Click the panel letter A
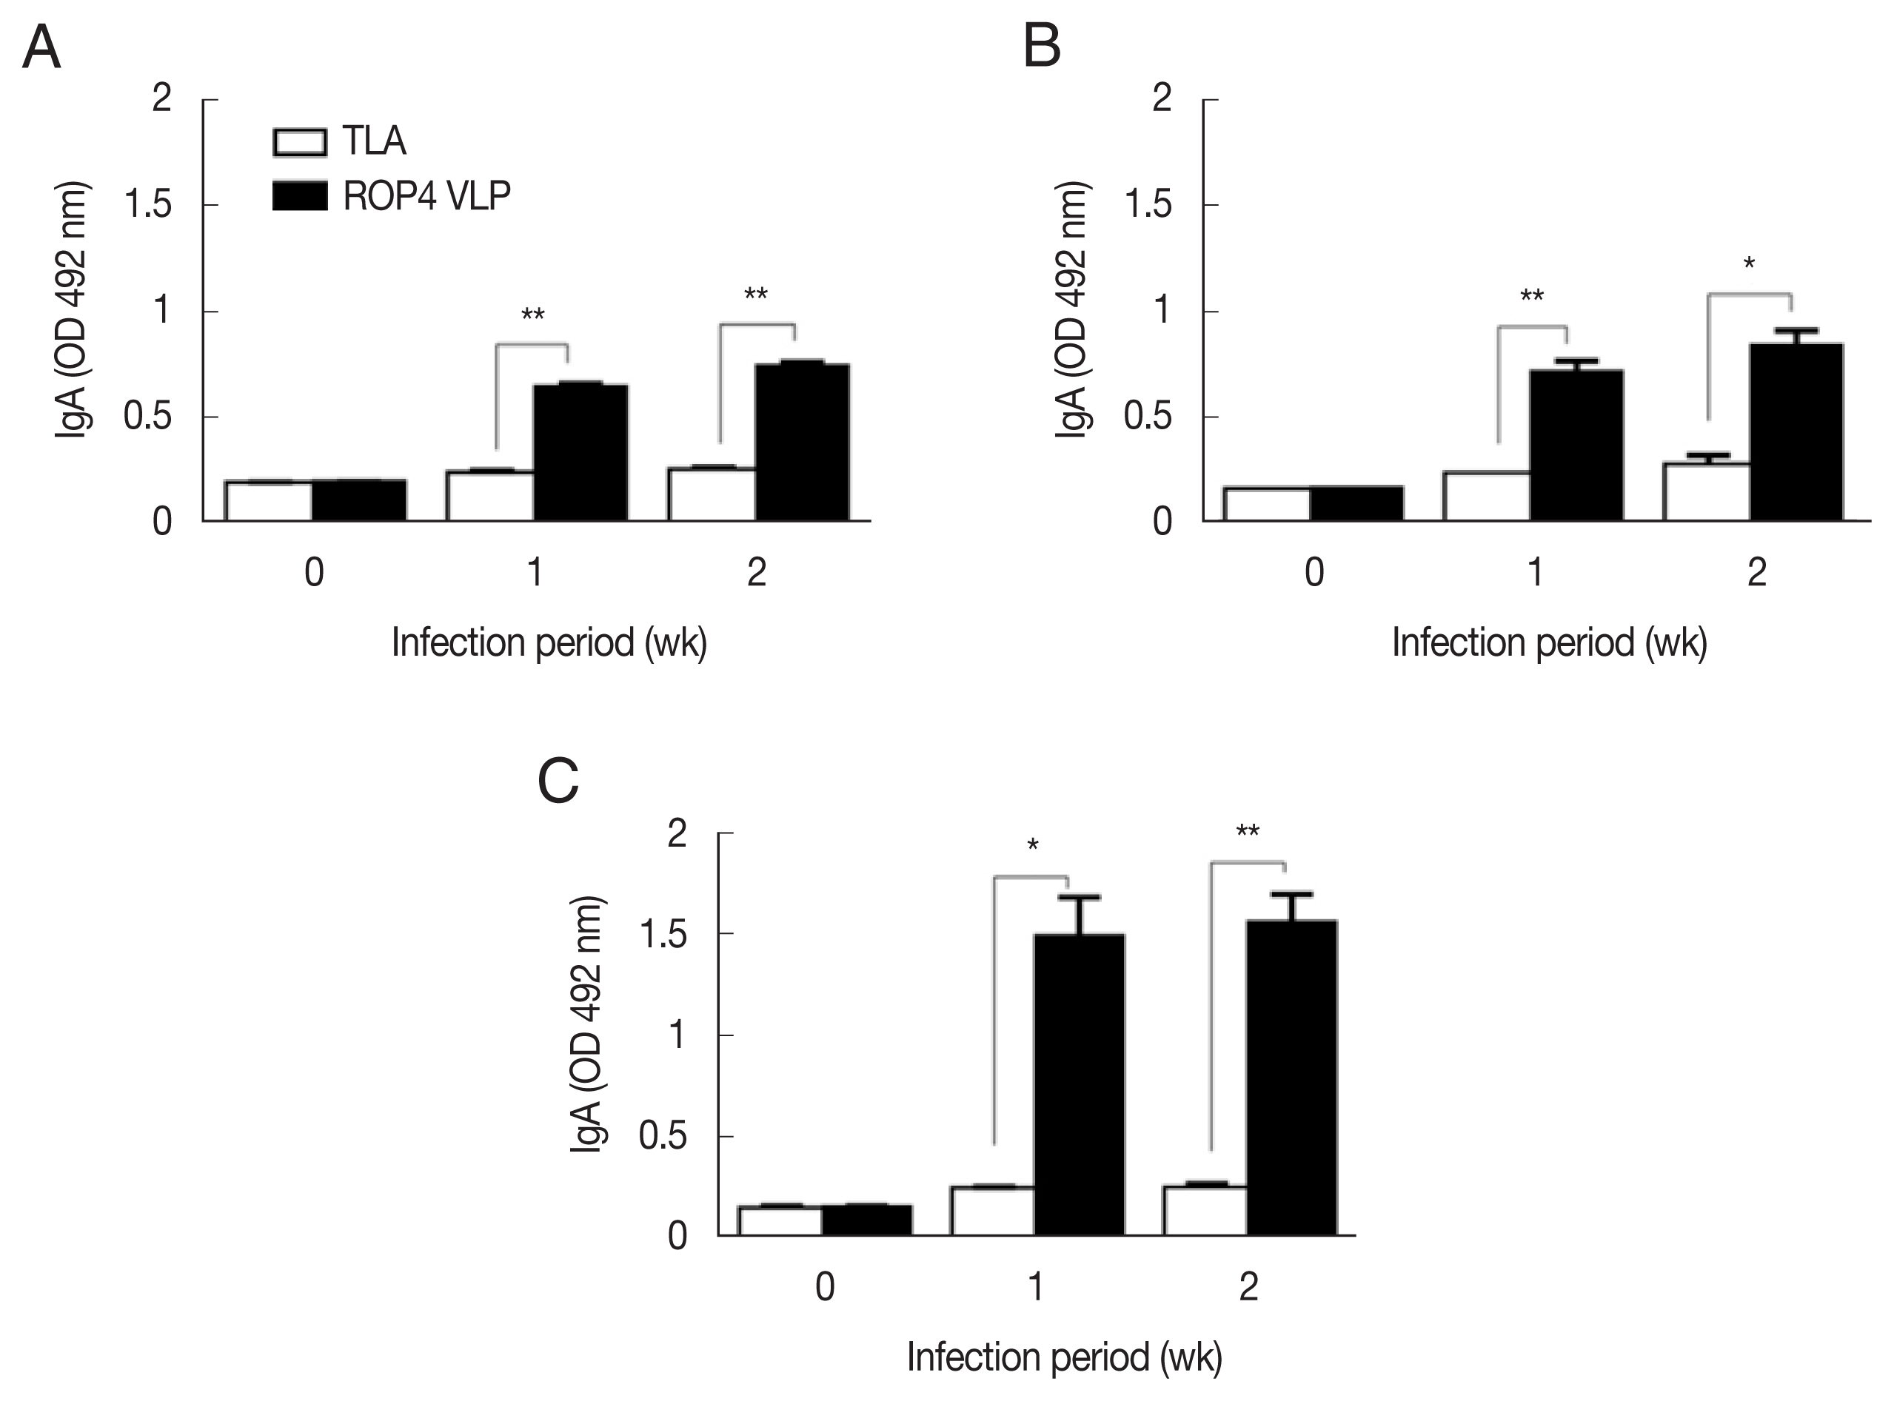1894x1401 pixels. tap(41, 48)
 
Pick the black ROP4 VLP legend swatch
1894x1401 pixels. tap(299, 196)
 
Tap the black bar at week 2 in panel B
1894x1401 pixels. tap(1796, 431)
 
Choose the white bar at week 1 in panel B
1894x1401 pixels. tap(1486, 495)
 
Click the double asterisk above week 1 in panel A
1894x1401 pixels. tap(532, 315)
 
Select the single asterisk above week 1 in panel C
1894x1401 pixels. tap(1032, 845)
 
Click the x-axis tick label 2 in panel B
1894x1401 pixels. tap(1756, 574)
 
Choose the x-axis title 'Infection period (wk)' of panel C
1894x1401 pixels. tap(1065, 1357)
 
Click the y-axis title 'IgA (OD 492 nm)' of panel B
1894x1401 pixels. tap(1071, 309)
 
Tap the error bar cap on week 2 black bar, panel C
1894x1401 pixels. tap(1292, 894)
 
